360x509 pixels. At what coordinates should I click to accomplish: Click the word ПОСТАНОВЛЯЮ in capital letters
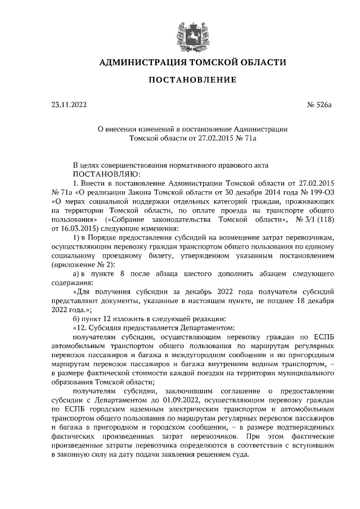pos(107,174)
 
